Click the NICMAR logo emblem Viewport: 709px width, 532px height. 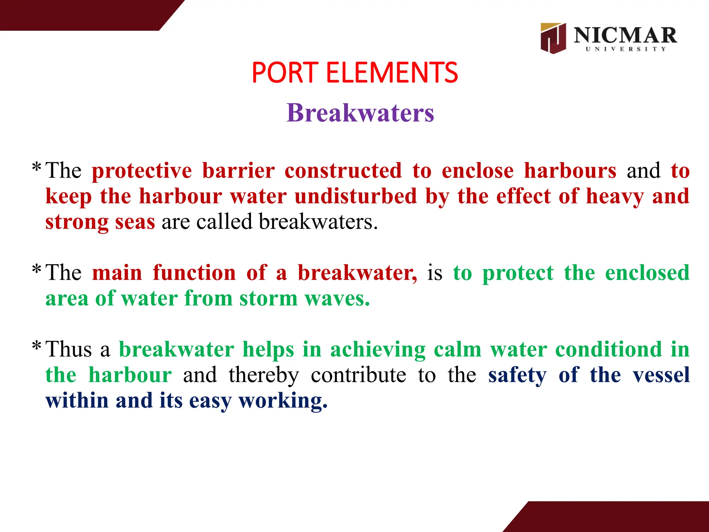553,38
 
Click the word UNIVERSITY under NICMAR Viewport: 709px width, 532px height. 626,49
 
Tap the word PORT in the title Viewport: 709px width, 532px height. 285,73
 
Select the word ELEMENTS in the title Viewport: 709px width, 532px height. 392,73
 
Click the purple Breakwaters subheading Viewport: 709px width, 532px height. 360,113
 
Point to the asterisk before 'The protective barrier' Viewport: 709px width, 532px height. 36,168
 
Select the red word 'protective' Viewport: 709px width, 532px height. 142,171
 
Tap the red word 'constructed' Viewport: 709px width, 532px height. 343,171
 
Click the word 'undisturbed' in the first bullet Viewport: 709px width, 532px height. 356,196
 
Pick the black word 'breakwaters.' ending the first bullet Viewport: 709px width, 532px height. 318,222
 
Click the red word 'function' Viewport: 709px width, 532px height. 194,273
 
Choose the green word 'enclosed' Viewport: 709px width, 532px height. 647,273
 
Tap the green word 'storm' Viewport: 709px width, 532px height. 268,299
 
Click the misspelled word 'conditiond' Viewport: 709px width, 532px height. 609,349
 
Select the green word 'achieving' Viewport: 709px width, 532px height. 378,349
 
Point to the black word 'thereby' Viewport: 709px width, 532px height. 264,375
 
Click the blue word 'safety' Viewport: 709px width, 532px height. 518,375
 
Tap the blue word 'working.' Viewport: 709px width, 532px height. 283,401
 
